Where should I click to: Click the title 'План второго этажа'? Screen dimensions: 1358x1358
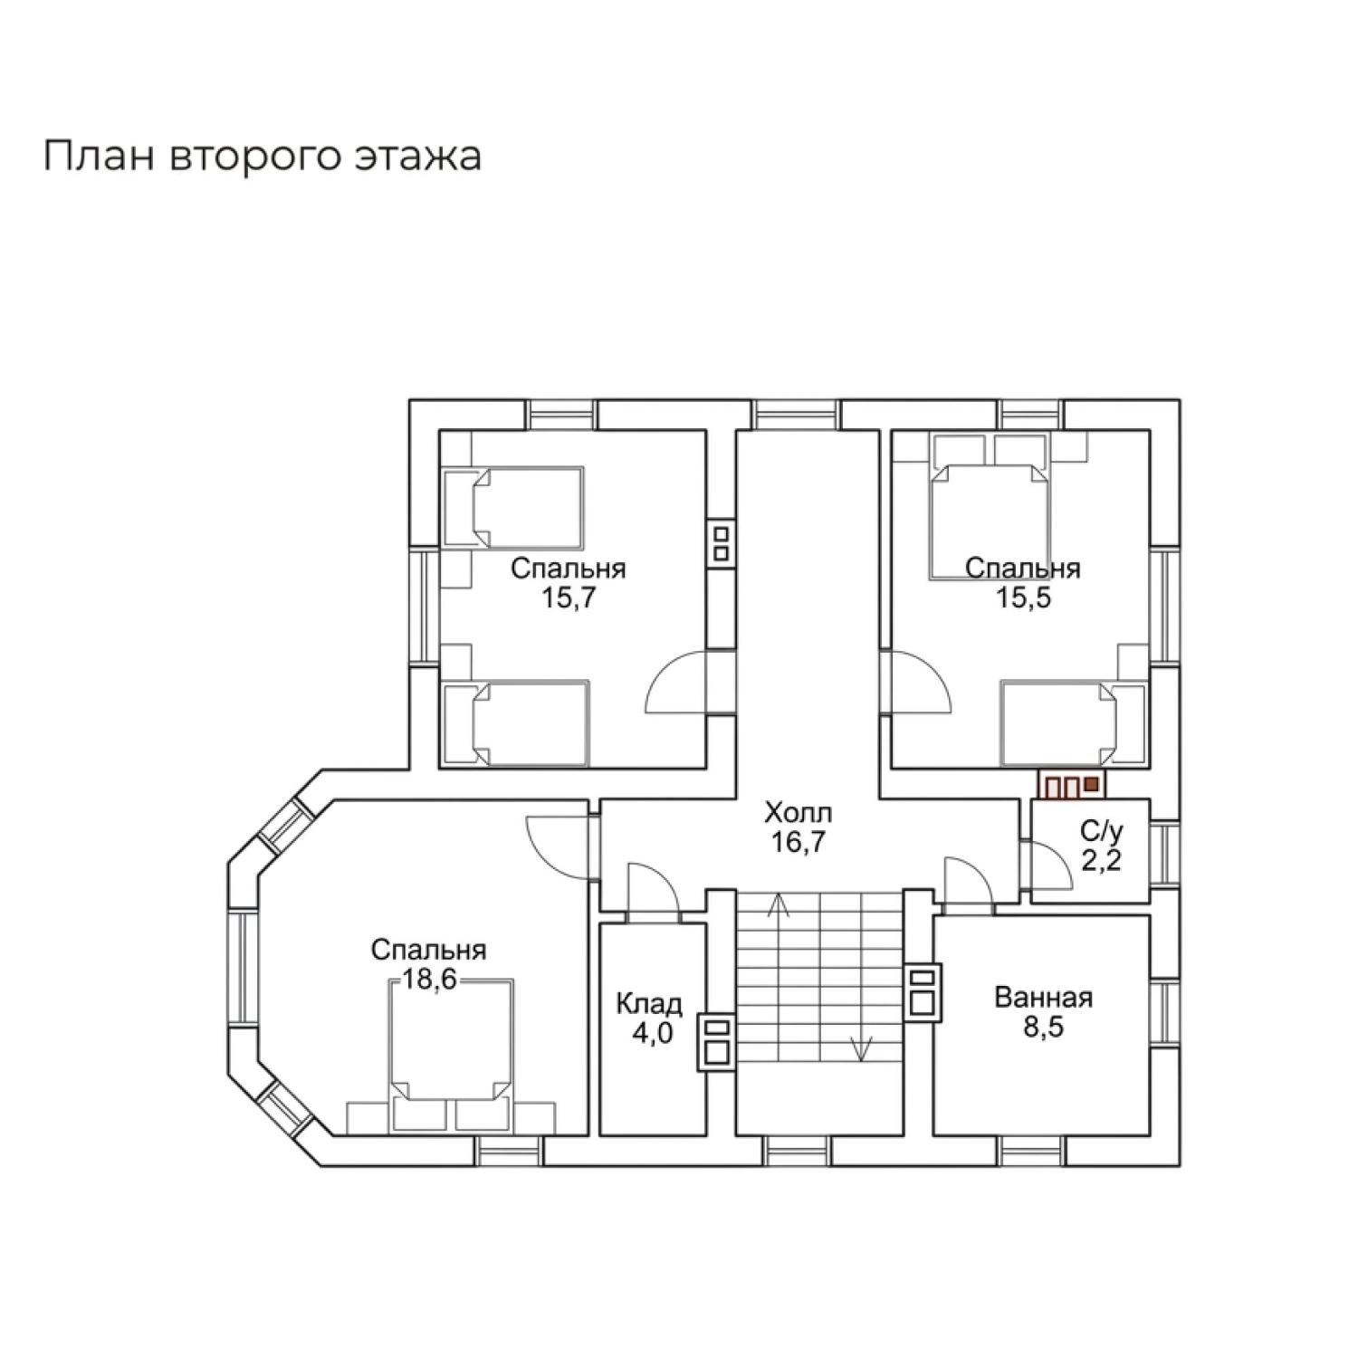[x=263, y=157]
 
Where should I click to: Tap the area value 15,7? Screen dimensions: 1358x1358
[x=568, y=598]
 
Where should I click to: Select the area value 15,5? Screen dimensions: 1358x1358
[x=1023, y=598]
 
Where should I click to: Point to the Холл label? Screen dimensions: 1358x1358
[x=798, y=811]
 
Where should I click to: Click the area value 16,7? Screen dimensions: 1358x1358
[x=798, y=842]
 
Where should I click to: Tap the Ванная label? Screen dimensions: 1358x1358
[x=1043, y=998]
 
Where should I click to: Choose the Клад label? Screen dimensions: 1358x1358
[x=649, y=1003]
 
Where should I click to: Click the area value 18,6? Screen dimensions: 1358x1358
[x=429, y=980]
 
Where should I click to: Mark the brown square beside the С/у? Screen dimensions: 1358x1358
[x=1091, y=784]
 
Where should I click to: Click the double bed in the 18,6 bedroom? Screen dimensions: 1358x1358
[x=451, y=1056]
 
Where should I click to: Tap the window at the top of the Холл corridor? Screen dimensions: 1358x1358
[x=797, y=415]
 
